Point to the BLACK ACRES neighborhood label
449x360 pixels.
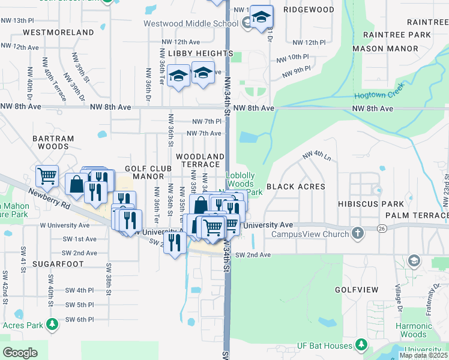(x=295, y=187)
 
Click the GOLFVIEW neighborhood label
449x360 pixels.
(x=357, y=290)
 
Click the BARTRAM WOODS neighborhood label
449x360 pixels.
(x=56, y=142)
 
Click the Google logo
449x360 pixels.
(x=20, y=352)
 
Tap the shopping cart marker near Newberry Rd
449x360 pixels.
(x=47, y=176)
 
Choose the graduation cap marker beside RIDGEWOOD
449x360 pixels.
(x=261, y=17)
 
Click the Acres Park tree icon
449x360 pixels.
(x=52, y=325)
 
